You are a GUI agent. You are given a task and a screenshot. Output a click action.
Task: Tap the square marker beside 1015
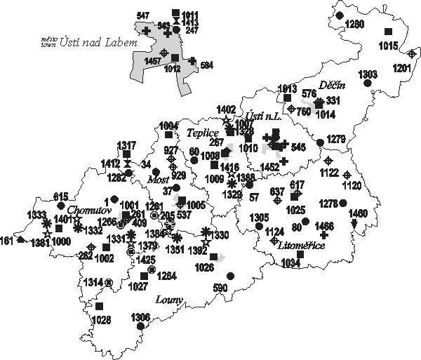(387, 32)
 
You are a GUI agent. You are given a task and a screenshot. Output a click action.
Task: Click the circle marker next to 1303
(366, 84)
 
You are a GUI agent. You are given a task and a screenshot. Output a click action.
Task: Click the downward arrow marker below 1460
(354, 223)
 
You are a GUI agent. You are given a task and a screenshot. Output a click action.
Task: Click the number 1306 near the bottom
(140, 317)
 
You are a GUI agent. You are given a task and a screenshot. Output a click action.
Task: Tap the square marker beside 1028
(99, 306)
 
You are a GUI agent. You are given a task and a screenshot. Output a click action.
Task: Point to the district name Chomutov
(86, 209)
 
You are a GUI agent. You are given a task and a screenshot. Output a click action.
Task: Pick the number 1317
(127, 145)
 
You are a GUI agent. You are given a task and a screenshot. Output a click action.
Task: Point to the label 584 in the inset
(206, 65)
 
